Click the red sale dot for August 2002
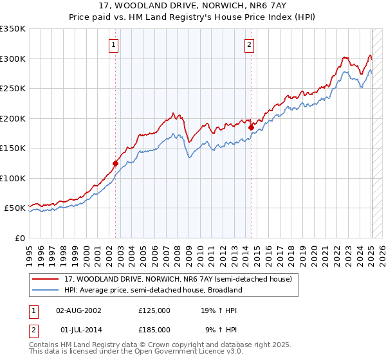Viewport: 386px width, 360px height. click(x=116, y=163)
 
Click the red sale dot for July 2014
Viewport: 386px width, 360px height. click(x=251, y=127)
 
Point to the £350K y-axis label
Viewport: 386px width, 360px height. click(x=13, y=29)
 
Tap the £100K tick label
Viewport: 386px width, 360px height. click(x=13, y=178)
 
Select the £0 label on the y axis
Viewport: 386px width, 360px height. click(x=19, y=238)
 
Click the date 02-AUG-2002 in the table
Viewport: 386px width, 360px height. click(x=78, y=310)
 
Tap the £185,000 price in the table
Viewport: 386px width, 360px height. click(x=154, y=329)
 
